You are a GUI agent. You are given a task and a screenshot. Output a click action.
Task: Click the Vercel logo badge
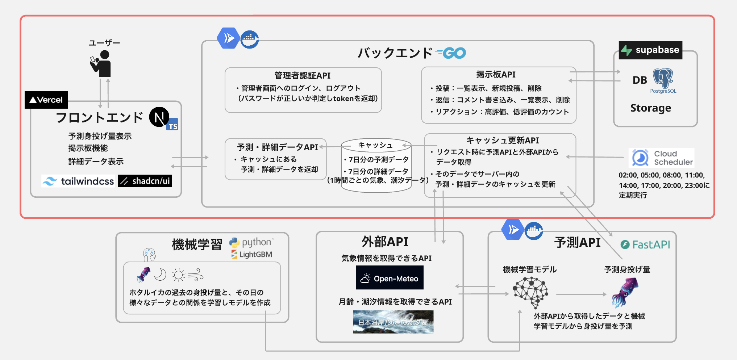pos(46,100)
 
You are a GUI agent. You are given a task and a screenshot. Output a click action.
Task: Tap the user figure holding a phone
pos(101,64)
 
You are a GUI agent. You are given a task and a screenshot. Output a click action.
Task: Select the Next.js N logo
pos(159,117)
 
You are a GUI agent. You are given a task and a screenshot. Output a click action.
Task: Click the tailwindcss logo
pos(78,181)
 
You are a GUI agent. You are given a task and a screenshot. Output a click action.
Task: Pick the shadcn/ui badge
pos(145,181)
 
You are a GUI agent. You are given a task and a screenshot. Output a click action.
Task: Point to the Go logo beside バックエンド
pos(451,53)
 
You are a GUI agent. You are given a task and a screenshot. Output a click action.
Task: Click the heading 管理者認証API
pos(303,75)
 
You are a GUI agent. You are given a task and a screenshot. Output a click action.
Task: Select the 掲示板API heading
pos(496,75)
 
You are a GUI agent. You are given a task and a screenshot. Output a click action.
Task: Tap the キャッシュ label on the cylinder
pos(375,145)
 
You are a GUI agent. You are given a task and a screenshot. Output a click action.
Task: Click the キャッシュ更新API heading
pos(502,140)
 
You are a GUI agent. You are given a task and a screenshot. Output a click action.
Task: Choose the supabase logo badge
pos(650,50)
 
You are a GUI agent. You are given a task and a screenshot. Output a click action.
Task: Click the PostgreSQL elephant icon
pos(663,79)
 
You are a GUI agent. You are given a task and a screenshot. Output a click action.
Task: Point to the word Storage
pos(650,108)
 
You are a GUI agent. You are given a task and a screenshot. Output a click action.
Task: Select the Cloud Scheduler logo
pos(662,158)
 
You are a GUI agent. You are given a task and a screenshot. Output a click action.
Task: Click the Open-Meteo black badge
pos(390,278)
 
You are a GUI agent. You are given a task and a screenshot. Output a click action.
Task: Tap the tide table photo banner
pos(393,322)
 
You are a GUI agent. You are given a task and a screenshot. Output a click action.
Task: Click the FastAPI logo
pos(645,245)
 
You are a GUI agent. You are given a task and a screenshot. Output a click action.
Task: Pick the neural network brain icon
pos(530,292)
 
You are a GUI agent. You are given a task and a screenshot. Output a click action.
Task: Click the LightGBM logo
pos(252,255)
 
